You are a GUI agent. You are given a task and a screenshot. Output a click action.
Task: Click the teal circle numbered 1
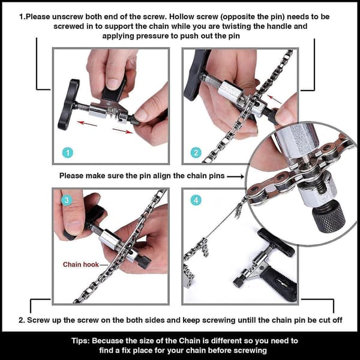(x=67, y=152)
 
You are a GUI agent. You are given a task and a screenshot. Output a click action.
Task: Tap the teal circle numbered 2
(x=196, y=152)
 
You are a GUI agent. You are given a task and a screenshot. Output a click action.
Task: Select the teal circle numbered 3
(x=67, y=200)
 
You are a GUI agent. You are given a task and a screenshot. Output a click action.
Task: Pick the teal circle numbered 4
(x=196, y=200)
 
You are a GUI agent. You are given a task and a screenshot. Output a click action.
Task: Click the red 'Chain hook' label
(x=81, y=265)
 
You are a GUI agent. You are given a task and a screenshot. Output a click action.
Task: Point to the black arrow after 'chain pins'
(x=236, y=176)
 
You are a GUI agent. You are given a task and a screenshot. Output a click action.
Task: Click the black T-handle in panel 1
(x=68, y=104)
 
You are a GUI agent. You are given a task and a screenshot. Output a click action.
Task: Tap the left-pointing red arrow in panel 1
(x=87, y=124)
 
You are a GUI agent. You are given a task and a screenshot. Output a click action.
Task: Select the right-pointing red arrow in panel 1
(x=123, y=130)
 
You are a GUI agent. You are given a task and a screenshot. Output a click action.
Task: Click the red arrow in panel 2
(x=274, y=100)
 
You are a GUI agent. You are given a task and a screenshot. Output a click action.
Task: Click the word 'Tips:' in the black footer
(x=80, y=341)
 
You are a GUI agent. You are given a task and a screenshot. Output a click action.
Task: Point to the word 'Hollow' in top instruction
(x=182, y=17)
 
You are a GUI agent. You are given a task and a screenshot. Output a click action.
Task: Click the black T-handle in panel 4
(x=276, y=242)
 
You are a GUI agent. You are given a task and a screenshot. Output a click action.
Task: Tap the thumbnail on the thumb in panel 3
(x=74, y=226)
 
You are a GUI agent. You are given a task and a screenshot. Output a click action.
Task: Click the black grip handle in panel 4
(x=279, y=284)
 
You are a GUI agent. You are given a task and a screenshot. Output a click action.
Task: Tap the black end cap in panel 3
(x=143, y=262)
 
